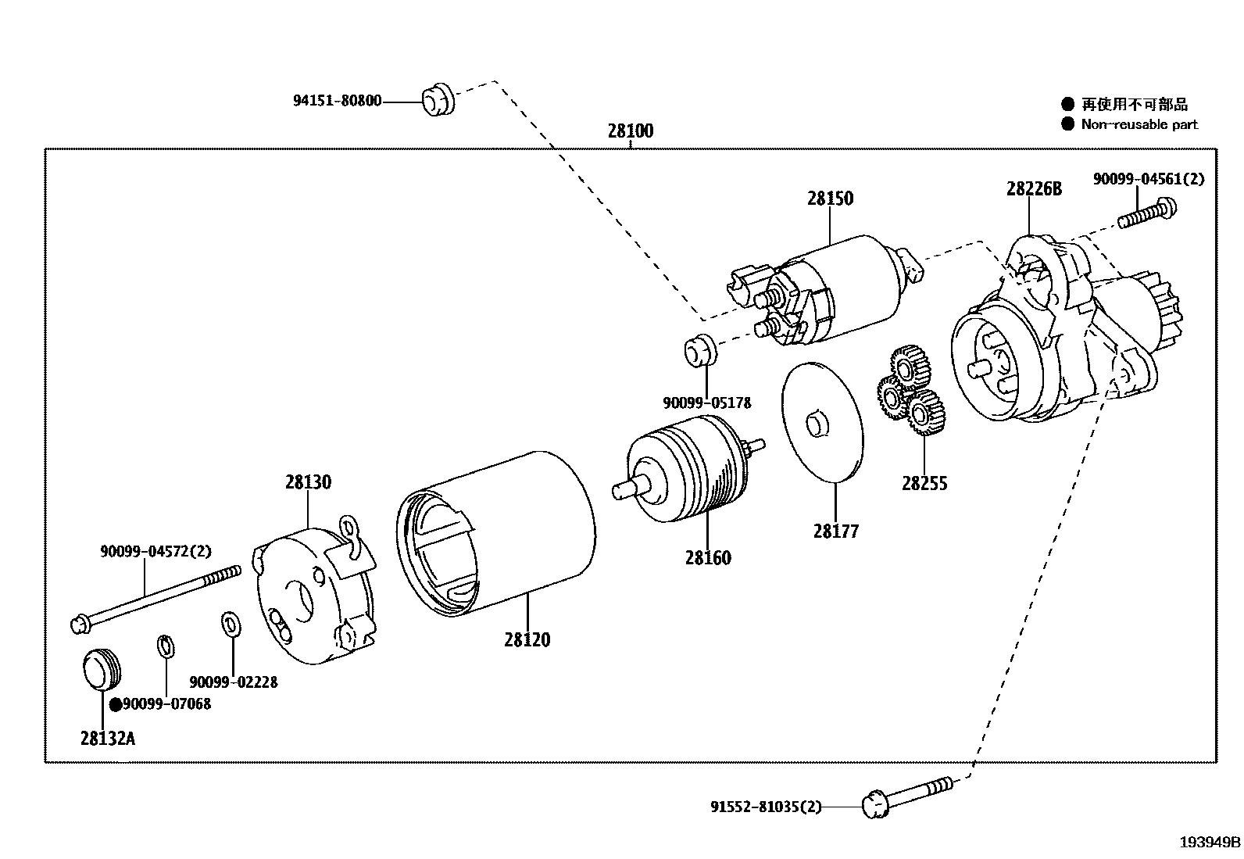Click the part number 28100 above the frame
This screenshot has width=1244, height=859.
(630, 131)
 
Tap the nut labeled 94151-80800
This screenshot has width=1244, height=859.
(437, 98)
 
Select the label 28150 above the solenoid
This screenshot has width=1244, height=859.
(830, 199)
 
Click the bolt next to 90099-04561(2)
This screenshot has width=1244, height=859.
(1147, 213)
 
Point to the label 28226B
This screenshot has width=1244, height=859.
(1033, 188)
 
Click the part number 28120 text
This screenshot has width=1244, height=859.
(527, 640)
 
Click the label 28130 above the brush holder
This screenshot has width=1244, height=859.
(308, 482)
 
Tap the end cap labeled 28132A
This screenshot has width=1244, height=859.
(102, 669)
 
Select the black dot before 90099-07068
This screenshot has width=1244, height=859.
(115, 704)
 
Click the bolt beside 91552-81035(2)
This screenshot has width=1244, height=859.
(906, 796)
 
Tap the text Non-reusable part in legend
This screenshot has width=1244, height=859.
(1139, 124)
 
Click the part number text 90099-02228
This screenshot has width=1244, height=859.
(233, 682)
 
